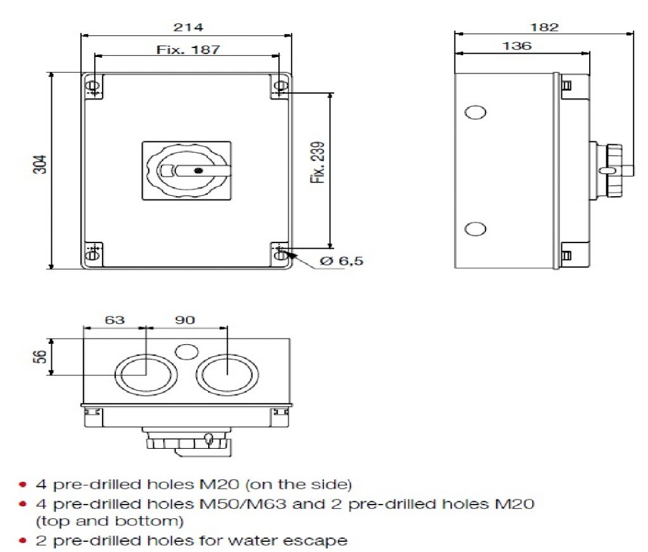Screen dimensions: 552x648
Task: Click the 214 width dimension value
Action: tap(187, 27)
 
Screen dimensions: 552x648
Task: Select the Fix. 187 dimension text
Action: tap(188, 49)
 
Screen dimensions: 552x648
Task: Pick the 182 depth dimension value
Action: tap(545, 27)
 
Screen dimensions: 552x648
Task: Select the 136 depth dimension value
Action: tap(517, 46)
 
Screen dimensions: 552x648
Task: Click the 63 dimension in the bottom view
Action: tap(115, 320)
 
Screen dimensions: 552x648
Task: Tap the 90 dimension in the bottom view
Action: tap(185, 320)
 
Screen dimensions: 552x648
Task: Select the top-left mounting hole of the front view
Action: tap(93, 86)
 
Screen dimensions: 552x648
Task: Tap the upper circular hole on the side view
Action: tap(475, 112)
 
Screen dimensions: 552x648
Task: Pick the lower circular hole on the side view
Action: tap(475, 229)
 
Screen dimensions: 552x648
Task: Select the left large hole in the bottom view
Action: tap(140, 373)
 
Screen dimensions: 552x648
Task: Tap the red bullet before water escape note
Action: tap(23, 541)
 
